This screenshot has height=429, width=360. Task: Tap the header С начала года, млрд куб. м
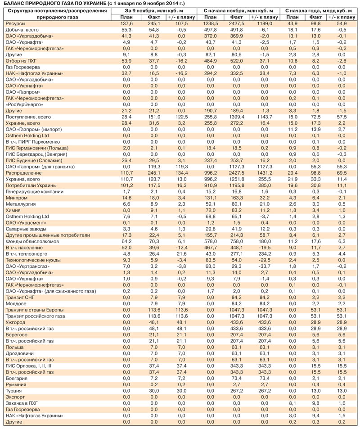point(319,10)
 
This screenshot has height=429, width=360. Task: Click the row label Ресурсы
point(15,23)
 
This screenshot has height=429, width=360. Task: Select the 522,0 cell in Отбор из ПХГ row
point(237,60)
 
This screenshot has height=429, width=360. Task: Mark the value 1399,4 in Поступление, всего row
point(237,117)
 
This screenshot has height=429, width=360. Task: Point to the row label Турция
point(13,391)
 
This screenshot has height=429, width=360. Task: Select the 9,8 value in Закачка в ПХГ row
point(314,404)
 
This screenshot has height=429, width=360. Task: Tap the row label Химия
point(13,210)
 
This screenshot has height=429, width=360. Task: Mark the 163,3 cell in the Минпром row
point(237,198)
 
